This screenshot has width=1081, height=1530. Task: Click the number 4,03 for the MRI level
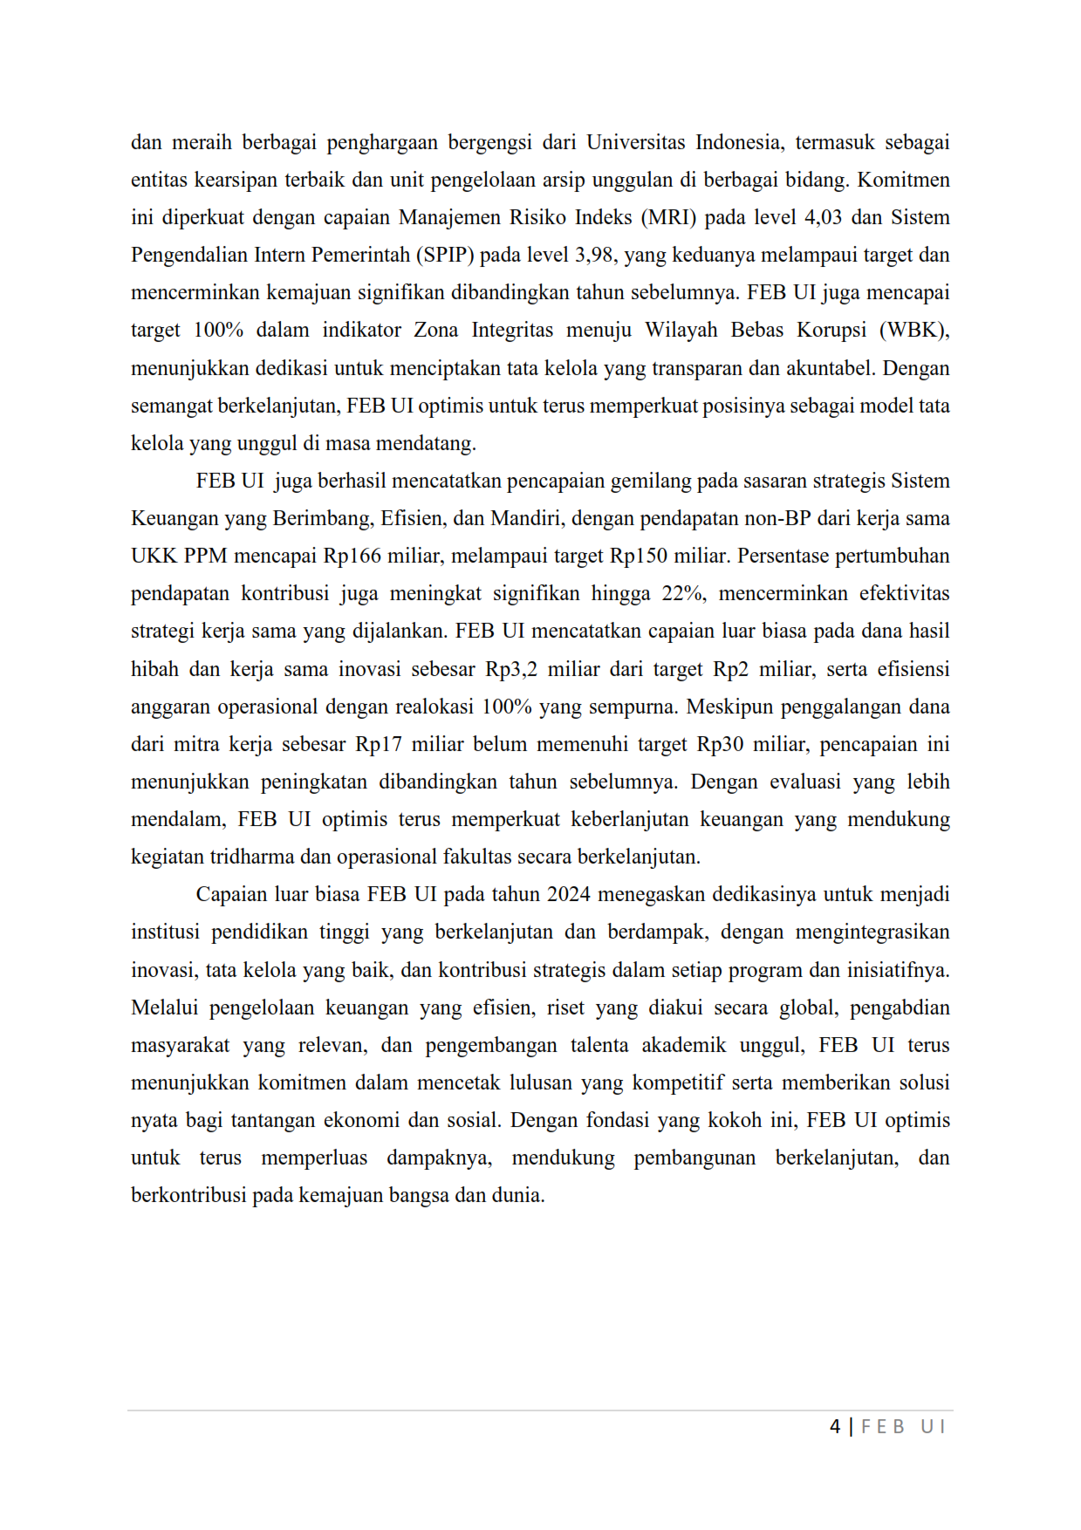pyautogui.click(x=823, y=217)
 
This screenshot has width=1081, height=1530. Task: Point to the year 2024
pyautogui.click(x=569, y=894)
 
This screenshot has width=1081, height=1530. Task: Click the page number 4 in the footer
pyautogui.click(x=835, y=1427)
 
